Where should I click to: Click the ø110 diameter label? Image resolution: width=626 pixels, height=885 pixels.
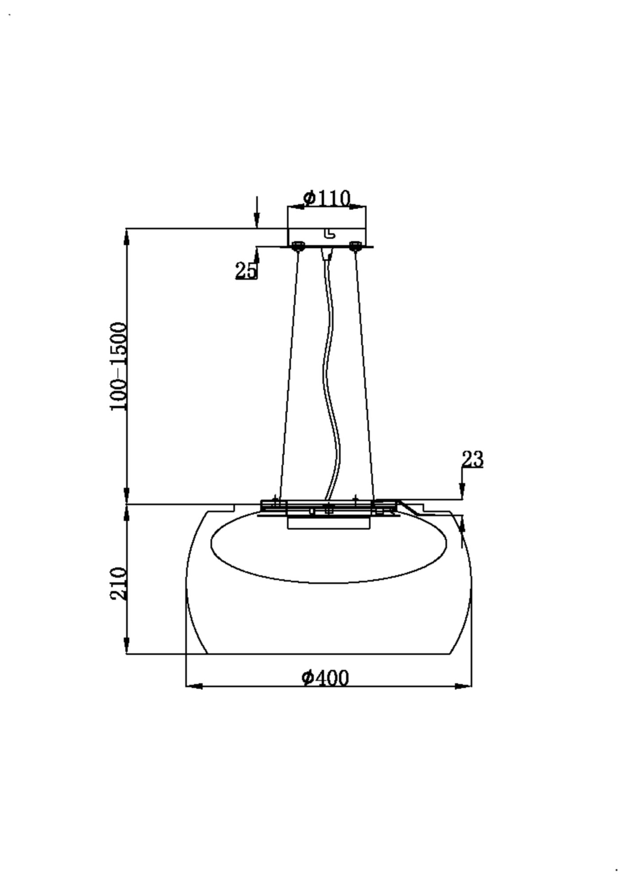click(x=327, y=198)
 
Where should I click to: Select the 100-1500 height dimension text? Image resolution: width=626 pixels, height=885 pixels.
click(x=119, y=366)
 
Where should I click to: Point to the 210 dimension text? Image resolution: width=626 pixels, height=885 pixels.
click(x=119, y=583)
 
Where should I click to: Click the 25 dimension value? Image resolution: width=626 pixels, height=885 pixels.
click(x=246, y=270)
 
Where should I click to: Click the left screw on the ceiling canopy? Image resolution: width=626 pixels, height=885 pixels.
click(x=298, y=246)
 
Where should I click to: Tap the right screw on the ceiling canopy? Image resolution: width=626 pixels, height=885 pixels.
click(x=354, y=246)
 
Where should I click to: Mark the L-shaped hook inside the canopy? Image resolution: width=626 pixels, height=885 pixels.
click(x=330, y=233)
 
